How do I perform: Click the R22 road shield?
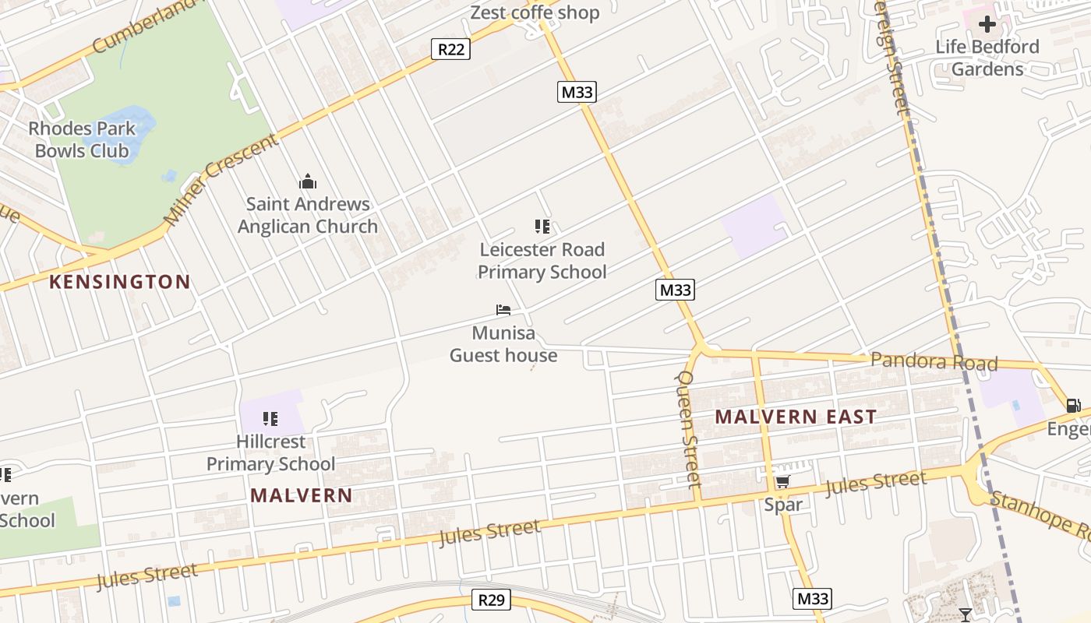point(450,50)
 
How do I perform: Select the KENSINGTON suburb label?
point(120,282)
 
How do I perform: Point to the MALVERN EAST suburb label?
point(796,417)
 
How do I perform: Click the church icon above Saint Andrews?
point(308,182)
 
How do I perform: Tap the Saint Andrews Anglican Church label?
point(308,215)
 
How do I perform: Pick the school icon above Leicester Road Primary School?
point(542,227)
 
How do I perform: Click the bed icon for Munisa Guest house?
point(503,310)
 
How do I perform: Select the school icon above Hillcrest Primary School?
point(270,419)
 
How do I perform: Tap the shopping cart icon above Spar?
point(782,482)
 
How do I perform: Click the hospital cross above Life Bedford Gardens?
point(987,24)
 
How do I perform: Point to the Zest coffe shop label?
point(535,12)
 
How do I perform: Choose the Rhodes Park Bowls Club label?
point(82,139)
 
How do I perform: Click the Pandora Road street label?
point(934,361)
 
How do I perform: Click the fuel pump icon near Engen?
point(1073,405)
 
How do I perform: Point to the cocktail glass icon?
point(966,615)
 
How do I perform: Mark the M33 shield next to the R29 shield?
point(812,598)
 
